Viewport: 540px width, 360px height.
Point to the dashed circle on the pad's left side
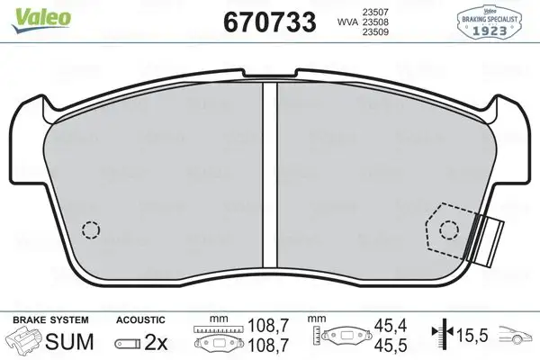90,229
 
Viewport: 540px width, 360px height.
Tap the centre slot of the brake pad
267,171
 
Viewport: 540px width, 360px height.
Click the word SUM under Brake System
64,342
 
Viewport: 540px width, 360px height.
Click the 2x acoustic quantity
154,343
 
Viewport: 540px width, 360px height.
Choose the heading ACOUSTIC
139,320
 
